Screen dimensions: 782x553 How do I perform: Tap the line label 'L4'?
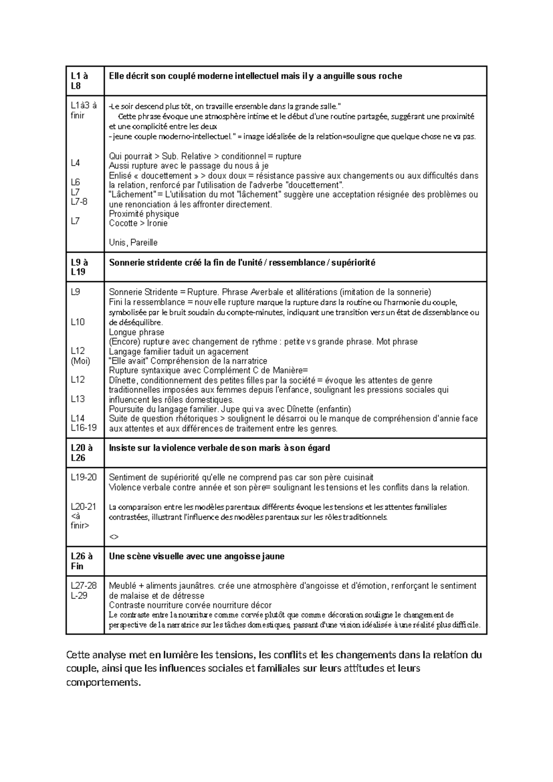pos(75,163)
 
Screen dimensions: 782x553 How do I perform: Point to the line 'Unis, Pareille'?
pos(133,243)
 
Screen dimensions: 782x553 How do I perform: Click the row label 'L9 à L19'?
pos(79,267)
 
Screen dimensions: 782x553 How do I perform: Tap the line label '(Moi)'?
pos(81,361)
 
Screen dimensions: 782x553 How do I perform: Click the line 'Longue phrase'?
pos(136,332)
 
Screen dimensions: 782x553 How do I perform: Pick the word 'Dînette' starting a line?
pos(123,380)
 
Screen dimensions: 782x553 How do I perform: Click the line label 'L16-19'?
pos(84,427)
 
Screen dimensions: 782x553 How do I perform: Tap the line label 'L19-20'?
pos(84,477)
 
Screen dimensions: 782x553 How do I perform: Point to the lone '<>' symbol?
pos(114,536)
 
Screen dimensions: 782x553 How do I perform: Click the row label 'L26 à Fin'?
pos(82,561)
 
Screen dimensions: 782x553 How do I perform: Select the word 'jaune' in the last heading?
pos(273,556)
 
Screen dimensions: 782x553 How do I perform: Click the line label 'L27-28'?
pos(84,586)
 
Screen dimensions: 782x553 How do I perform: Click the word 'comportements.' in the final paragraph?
pos(103,682)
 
